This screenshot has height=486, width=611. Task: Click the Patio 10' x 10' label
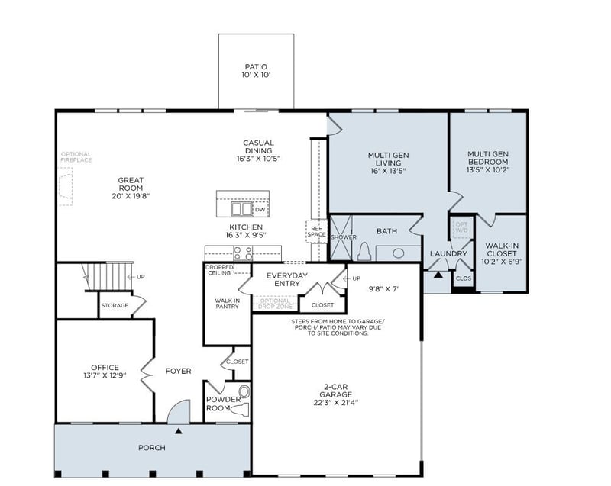pos(256,71)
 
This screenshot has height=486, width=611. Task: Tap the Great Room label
pos(131,188)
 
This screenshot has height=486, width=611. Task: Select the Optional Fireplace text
pos(76,157)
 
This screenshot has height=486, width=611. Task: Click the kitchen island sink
pos(238,208)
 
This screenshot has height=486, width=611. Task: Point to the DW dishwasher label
pos(260,209)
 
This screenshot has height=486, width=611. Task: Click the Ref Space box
pos(316,230)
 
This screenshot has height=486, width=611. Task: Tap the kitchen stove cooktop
pos(243,253)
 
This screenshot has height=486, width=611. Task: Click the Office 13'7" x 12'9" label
pos(105,371)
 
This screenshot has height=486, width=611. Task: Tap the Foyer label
pos(178,372)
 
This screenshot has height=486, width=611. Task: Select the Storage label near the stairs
pos(115,305)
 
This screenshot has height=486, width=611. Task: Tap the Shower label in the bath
pos(344,237)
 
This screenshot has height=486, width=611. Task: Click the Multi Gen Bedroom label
pos(488,162)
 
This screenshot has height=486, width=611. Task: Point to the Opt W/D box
pos(462,227)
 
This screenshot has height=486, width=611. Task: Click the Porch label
pos(151,448)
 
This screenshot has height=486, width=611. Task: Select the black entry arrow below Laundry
pos(438,274)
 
